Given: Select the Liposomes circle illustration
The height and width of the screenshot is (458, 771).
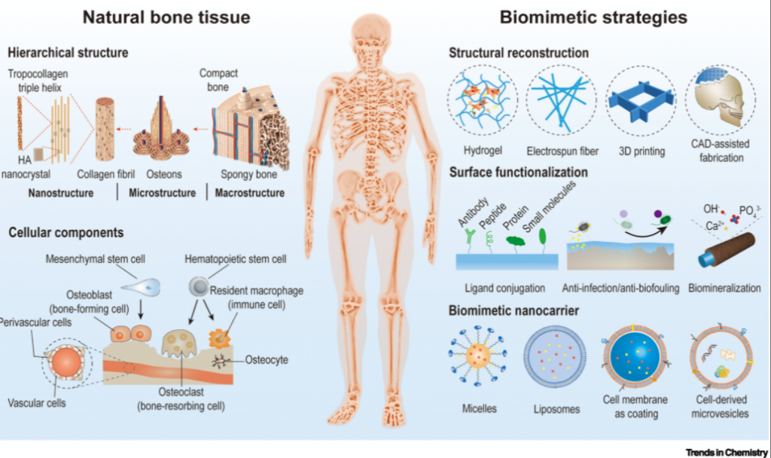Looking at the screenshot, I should [555, 359].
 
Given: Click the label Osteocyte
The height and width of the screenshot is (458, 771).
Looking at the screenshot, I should [267, 360].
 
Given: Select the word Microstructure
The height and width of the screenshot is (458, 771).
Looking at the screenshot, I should [161, 193].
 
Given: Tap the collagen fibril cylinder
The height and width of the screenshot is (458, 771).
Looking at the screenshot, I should [105, 130].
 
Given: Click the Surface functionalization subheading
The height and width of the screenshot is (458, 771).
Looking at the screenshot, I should [518, 173].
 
